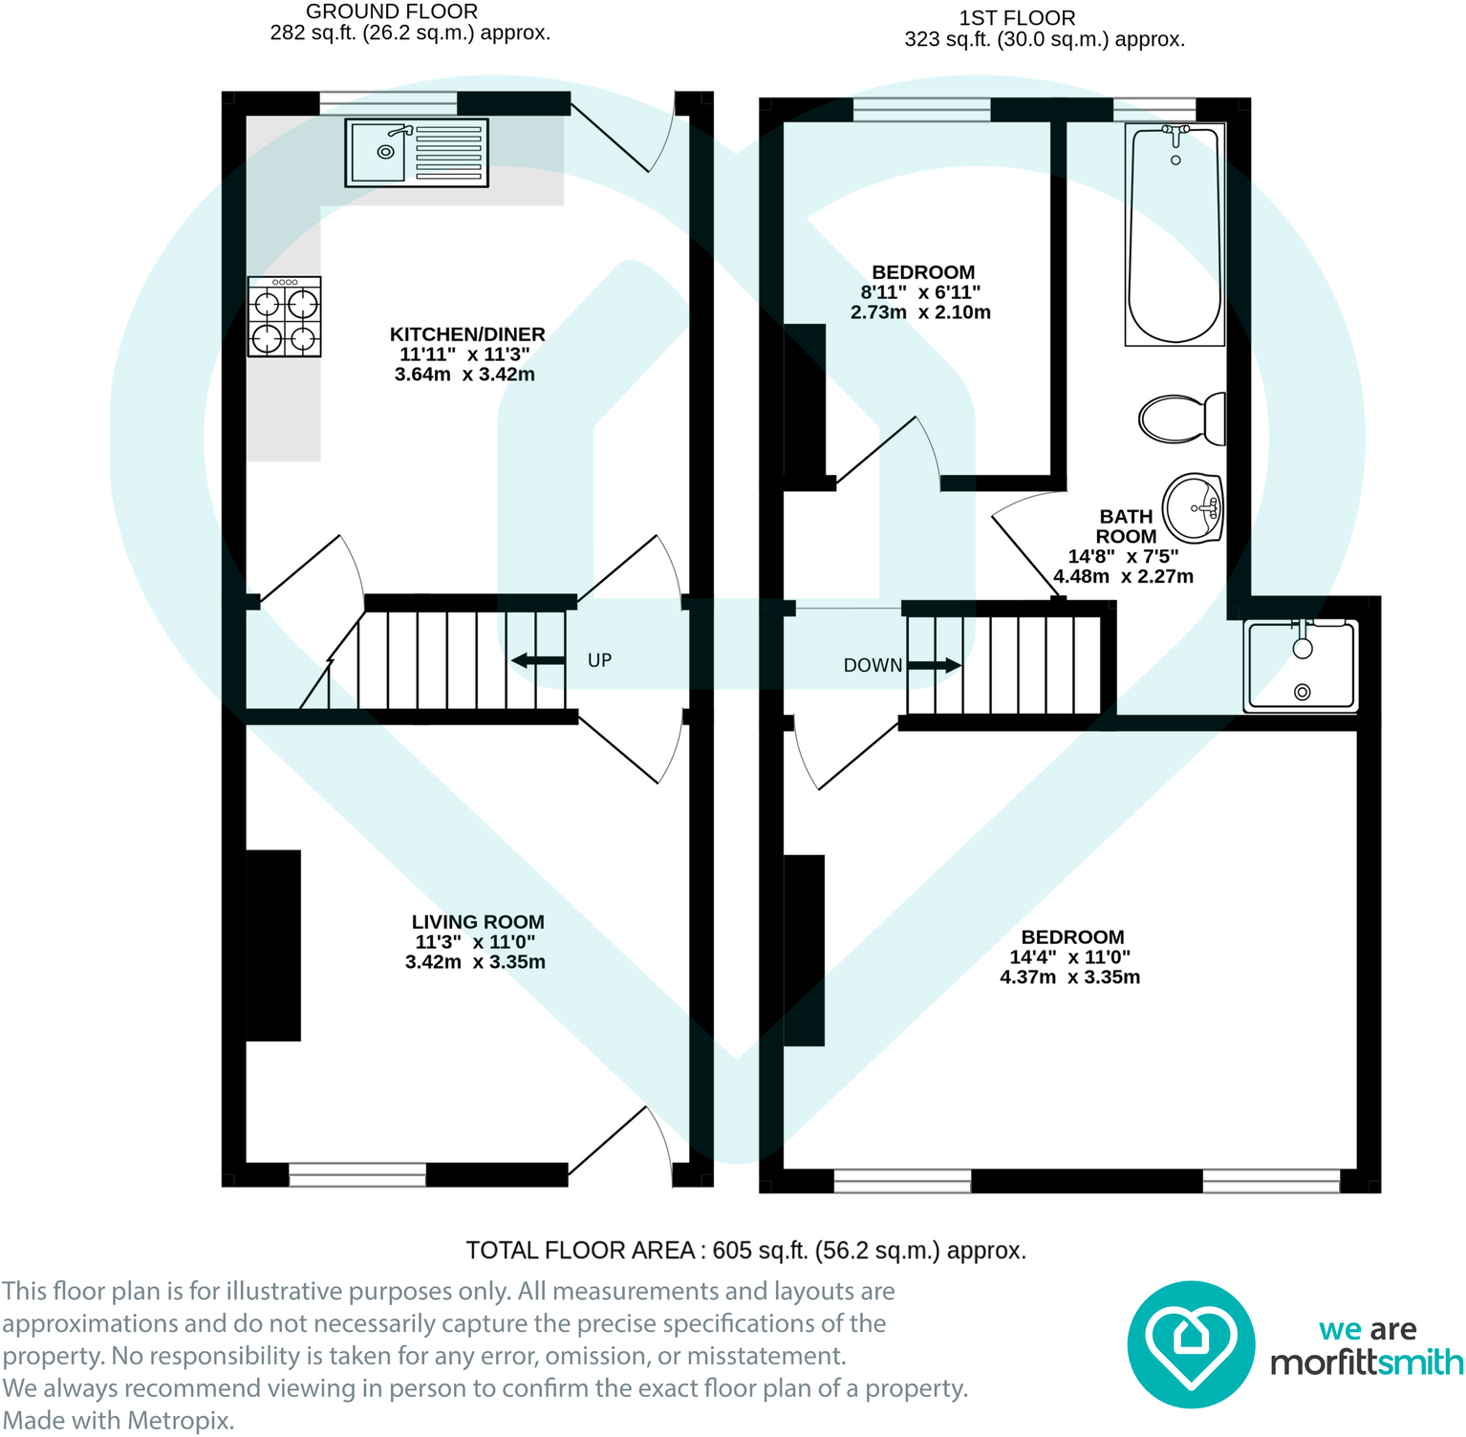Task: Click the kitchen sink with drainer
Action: pyautogui.click(x=416, y=152)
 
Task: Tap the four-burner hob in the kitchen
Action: pyautogui.click(x=284, y=317)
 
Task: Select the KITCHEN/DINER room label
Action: pyautogui.click(x=467, y=334)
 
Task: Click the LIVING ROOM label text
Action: pyautogui.click(x=478, y=922)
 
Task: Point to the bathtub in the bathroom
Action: pyautogui.click(x=1175, y=234)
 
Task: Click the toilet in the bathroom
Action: pyautogui.click(x=1181, y=418)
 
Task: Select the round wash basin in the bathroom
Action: pyautogui.click(x=1193, y=508)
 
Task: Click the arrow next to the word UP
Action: pyautogui.click(x=538, y=660)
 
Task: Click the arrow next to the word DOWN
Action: pyautogui.click(x=934, y=665)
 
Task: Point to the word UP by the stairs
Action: pyautogui.click(x=599, y=660)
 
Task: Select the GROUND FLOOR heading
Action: pyautogui.click(x=392, y=11)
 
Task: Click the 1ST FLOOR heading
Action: pyautogui.click(x=1017, y=18)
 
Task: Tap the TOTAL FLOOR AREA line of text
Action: pyautogui.click(x=745, y=1251)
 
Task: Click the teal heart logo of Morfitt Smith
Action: pyautogui.click(x=1190, y=1344)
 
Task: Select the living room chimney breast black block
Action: pyautogui.click(x=274, y=945)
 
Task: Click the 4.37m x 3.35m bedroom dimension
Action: pyautogui.click(x=1069, y=977)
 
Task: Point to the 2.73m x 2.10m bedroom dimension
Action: pyautogui.click(x=920, y=312)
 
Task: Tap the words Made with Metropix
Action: pyautogui.click(x=119, y=1421)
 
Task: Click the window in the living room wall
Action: pyautogui.click(x=357, y=1174)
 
